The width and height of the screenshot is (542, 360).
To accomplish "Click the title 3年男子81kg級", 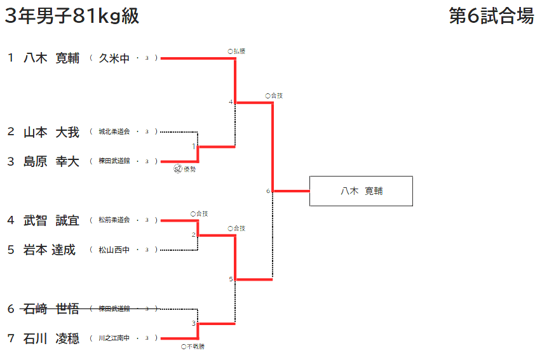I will click(72, 17).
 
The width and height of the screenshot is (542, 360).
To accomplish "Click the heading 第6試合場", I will click(491, 17).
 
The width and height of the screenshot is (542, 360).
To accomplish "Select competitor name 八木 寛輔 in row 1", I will click(51, 58).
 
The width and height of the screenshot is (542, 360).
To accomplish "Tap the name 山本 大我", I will click(51, 132).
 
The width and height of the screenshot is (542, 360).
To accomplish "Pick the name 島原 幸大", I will click(51, 162).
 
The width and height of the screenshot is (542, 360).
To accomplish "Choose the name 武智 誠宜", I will click(51, 220).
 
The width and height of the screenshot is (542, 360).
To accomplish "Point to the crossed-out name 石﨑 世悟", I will click(51, 309).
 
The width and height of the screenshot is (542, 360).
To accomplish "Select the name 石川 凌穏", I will click(51, 338).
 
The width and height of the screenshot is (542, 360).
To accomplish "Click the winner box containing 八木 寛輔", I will click(361, 191).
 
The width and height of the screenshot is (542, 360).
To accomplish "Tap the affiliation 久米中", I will click(114, 58).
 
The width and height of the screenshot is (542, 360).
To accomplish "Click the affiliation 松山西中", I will click(114, 250).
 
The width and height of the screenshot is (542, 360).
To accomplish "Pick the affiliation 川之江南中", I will click(114, 338).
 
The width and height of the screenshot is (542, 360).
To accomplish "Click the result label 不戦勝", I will click(193, 347).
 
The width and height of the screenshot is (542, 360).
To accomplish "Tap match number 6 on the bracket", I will click(268, 190).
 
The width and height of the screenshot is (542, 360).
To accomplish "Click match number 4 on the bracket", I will click(231, 102).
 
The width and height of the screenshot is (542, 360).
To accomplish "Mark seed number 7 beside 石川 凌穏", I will click(11, 338).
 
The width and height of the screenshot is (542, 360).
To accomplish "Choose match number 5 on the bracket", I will click(231, 279).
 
